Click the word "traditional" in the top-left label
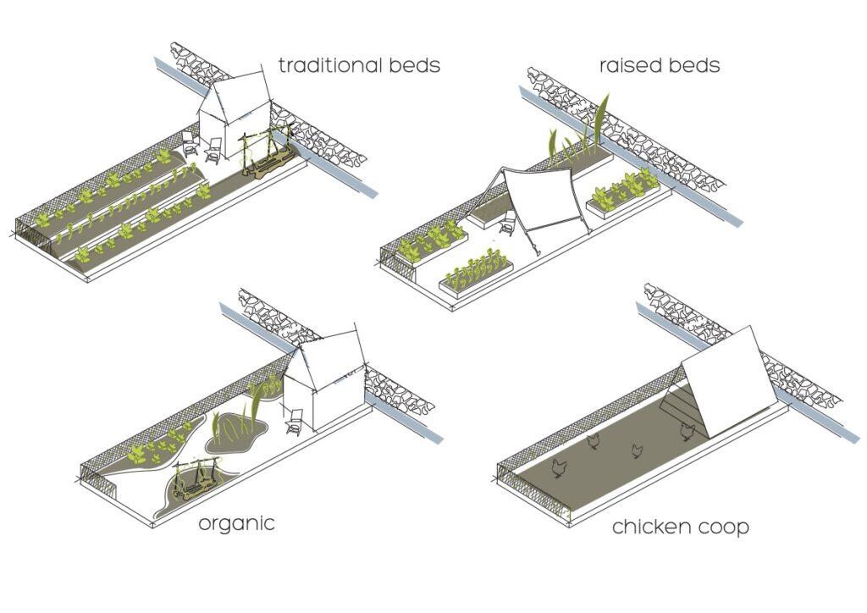323,64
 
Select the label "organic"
236,523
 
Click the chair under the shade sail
508,226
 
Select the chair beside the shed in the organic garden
295,422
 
